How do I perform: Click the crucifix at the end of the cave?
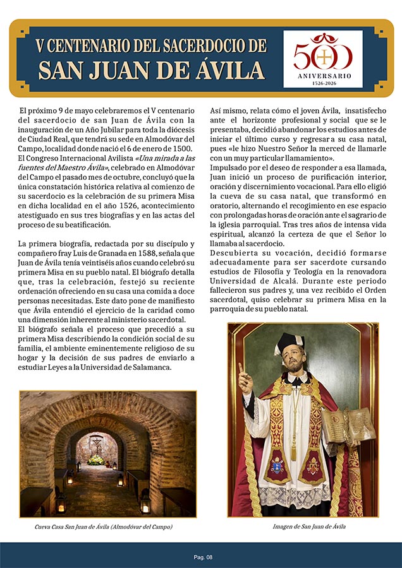(96, 444)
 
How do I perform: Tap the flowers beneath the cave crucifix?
(96, 460)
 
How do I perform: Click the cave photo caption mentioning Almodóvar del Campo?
(104, 526)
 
